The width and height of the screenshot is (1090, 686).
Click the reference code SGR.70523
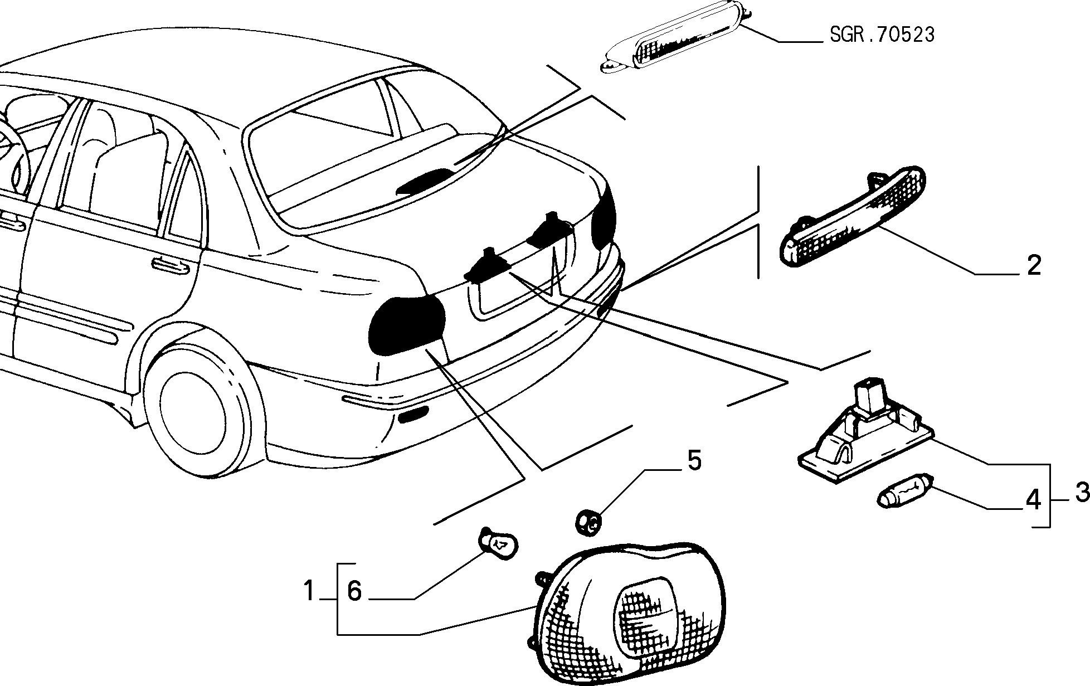(x=882, y=35)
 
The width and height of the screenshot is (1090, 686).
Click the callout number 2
(x=1033, y=265)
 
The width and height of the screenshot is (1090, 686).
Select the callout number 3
(x=1082, y=492)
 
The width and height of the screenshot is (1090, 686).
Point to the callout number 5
(x=694, y=461)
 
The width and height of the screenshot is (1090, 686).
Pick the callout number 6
(x=354, y=591)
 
